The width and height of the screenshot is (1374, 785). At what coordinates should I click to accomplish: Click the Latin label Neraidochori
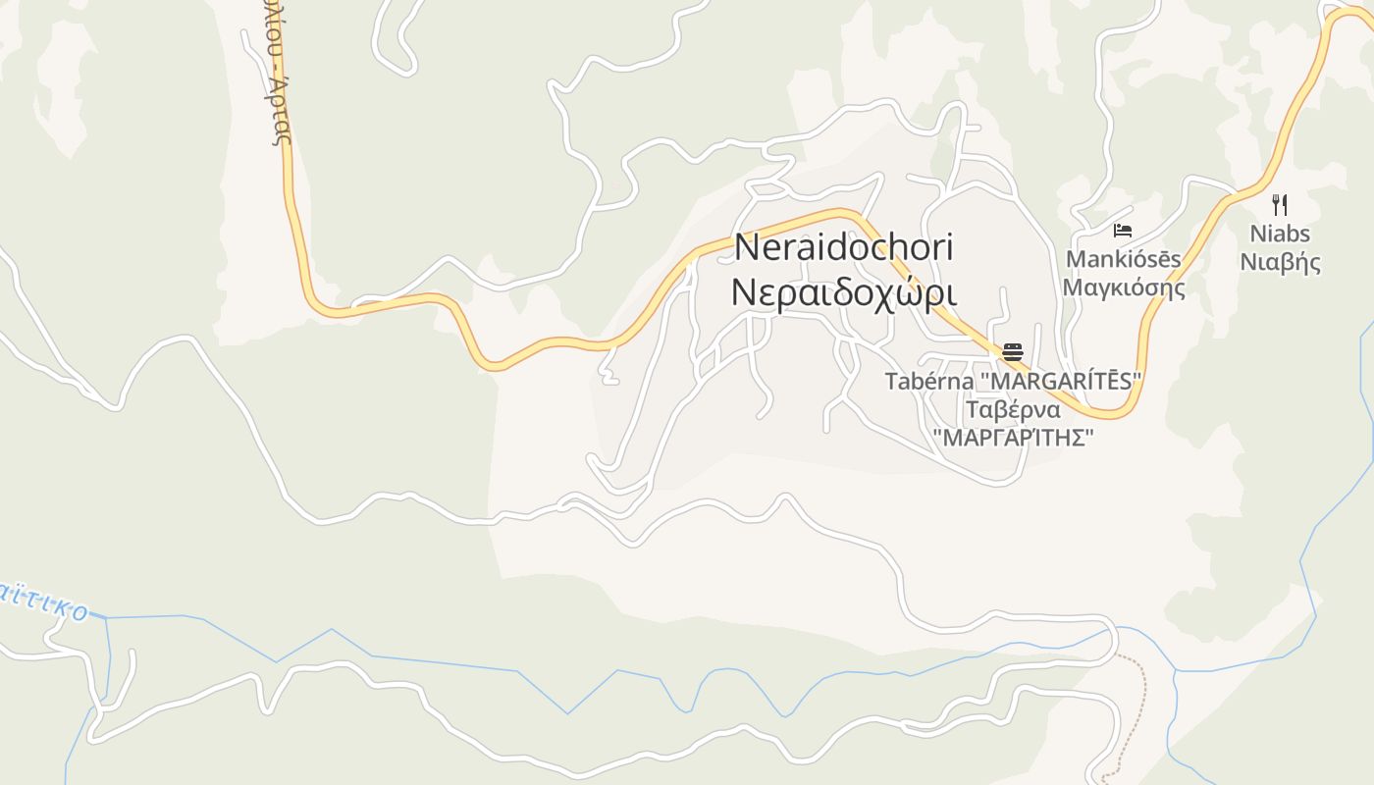[844, 247]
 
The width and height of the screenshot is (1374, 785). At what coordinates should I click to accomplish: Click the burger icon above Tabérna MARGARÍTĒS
[1013, 352]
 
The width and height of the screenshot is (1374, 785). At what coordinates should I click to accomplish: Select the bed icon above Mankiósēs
[1123, 231]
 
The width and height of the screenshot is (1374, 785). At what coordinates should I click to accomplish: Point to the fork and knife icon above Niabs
[1279, 204]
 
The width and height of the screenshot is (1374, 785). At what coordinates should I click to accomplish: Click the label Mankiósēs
[1124, 259]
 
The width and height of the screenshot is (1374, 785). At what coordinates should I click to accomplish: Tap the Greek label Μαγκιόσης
[1124, 288]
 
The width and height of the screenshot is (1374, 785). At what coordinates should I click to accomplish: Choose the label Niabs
[1279, 235]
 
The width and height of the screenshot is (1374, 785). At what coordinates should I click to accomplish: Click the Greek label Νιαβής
[1280, 262]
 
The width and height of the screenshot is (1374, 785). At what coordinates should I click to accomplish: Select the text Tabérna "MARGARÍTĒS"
[1014, 381]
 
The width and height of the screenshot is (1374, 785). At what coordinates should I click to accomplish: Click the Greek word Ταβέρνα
[1013, 409]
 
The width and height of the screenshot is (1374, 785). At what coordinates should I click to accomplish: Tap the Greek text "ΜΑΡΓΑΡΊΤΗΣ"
[1013, 438]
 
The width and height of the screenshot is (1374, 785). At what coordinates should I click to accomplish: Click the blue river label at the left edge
[44, 602]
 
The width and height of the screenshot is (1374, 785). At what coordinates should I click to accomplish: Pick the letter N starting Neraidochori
[747, 247]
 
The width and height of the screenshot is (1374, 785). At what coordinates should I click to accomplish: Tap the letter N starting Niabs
[1256, 235]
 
